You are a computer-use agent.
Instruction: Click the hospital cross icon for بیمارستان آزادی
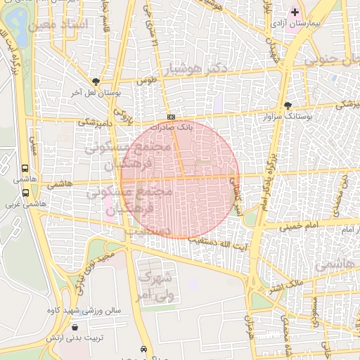pos(295,12)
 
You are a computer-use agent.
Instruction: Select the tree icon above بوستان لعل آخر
pos(96,81)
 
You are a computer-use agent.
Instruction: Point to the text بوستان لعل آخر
pos(96,92)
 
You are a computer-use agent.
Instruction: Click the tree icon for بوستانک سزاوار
pos(288,105)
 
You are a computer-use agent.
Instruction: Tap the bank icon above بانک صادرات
pos(171,117)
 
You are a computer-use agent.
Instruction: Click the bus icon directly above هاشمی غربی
pos(26,192)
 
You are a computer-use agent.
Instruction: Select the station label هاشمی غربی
pos(25,204)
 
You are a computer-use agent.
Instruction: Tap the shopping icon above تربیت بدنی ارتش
pos(75,327)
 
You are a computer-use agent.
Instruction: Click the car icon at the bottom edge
pos(144,349)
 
